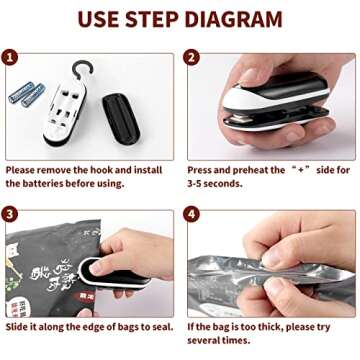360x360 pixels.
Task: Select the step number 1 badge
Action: click(x=13, y=60)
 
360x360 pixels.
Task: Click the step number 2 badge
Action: click(x=192, y=60)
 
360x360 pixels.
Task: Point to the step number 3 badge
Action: click(x=13, y=215)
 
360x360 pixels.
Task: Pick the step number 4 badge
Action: click(x=192, y=215)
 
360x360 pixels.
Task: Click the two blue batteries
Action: click(x=27, y=94)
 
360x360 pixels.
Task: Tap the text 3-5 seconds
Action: click(x=216, y=184)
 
